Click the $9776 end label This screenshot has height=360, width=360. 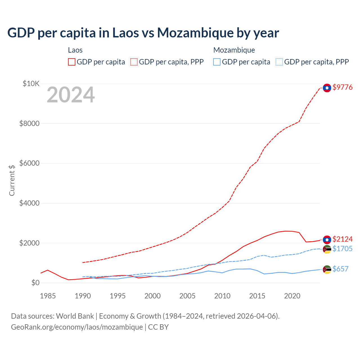pos(342,87)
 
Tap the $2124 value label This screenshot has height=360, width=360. pos(342,239)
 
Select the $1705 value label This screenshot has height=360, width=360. pos(342,249)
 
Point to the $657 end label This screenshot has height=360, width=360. pos(340,269)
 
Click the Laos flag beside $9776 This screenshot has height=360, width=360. pos(327,88)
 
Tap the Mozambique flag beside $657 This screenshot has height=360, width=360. pos(327,269)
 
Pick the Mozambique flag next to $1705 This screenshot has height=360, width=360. pos(327,249)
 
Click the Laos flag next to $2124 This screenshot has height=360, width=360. pos(327,240)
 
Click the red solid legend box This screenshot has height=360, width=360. pos(72,62)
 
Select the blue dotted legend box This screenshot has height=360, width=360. pos(279,62)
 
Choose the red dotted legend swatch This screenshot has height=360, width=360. pos(134,62)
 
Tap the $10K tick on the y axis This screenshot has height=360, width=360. pos(31,84)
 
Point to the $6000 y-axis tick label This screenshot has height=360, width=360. pos(29,163)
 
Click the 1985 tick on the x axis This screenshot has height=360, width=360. pos(48,296)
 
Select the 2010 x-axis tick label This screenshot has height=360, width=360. pos(222,296)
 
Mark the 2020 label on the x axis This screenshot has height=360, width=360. pos(292,296)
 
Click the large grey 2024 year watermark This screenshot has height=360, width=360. pos(71,95)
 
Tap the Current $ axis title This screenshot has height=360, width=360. pos(12,180)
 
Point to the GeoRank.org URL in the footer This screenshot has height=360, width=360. pos(77,327)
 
